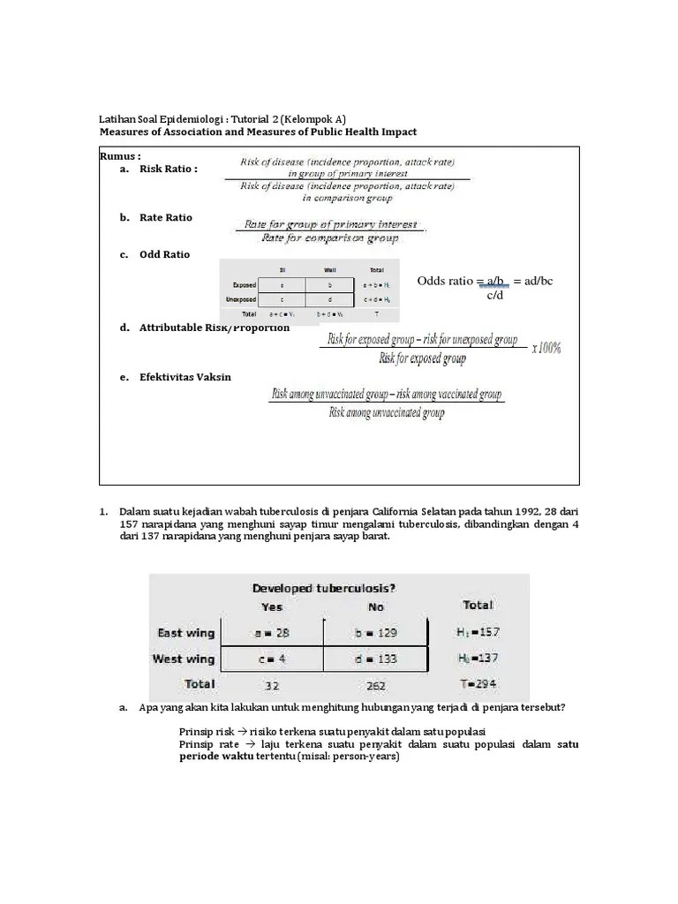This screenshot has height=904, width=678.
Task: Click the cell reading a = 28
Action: (273, 633)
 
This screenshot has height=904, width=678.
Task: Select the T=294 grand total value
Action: (478, 684)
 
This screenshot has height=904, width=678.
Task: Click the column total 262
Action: (377, 684)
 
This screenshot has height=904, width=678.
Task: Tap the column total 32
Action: (273, 684)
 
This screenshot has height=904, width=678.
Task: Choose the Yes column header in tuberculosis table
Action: (272, 607)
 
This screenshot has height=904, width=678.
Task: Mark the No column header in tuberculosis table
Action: (377, 607)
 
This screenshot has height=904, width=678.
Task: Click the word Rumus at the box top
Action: (120, 156)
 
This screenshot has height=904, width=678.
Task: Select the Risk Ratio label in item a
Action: (168, 169)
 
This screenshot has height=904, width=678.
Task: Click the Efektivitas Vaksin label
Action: (185, 377)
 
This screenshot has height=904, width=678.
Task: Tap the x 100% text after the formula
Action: (546, 348)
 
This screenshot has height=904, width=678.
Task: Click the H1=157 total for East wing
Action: (478, 633)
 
